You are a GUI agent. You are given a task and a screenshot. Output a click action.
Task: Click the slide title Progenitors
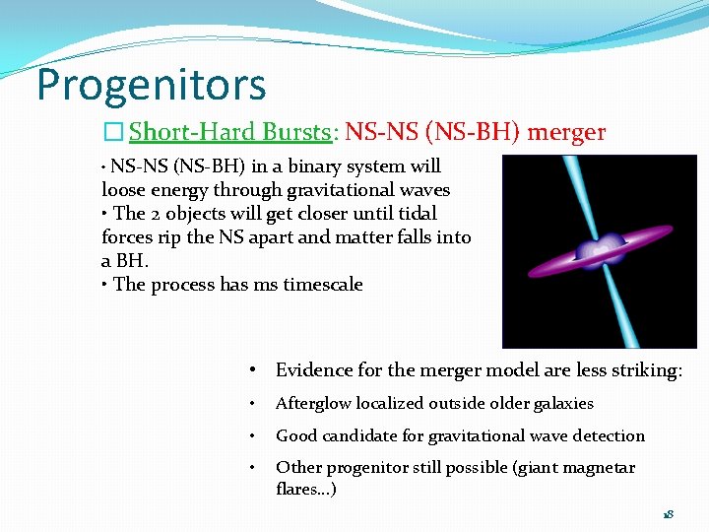[152, 86]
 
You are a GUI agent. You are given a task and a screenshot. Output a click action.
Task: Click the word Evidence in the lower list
[313, 370]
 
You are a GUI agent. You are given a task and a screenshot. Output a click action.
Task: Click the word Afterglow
[312, 404]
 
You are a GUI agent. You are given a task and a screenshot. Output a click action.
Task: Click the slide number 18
[668, 514]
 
